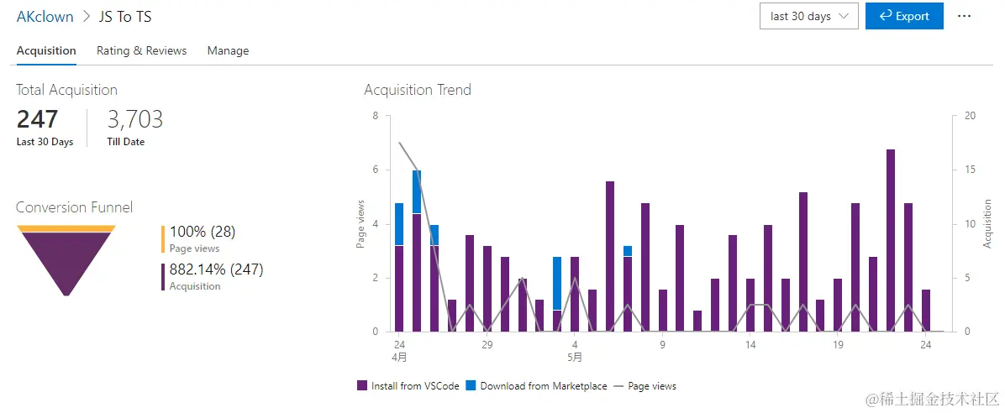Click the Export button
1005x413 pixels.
[904, 16]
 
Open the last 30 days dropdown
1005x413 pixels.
[808, 16]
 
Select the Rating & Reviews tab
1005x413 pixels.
[141, 50]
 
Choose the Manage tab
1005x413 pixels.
[228, 50]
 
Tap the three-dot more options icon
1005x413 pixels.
[964, 16]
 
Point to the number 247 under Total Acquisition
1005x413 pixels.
[37, 119]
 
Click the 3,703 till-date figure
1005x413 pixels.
[134, 119]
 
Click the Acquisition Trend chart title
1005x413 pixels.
[417, 90]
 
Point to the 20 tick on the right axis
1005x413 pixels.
[970, 116]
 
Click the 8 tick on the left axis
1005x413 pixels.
[376, 116]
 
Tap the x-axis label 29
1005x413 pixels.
[487, 344]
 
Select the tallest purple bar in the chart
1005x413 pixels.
[891, 243]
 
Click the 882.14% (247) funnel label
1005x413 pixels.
[216, 269]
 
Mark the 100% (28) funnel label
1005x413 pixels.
[202, 232]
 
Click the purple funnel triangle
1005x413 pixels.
[66, 256]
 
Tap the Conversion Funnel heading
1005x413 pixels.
[74, 207]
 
